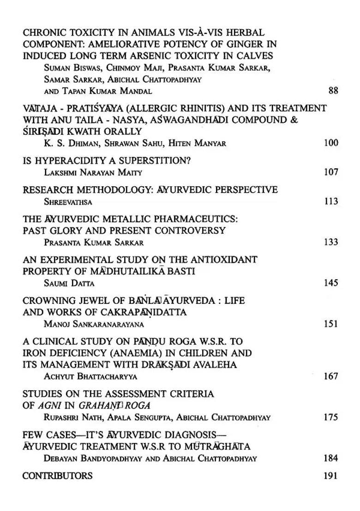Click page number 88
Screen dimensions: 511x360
coord(333,90)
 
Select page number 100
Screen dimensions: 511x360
coord(331,143)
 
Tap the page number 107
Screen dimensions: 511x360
coord(331,172)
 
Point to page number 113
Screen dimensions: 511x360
coord(331,201)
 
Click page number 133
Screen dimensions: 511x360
coord(331,242)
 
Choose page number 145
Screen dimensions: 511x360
coord(331,283)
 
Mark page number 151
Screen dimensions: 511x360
coord(331,324)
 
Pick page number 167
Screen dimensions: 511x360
coord(331,376)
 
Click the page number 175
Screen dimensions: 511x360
coord(331,417)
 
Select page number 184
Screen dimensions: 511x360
coord(331,458)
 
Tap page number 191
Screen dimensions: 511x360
coord(331,475)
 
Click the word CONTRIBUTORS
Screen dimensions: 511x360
coord(57,475)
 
